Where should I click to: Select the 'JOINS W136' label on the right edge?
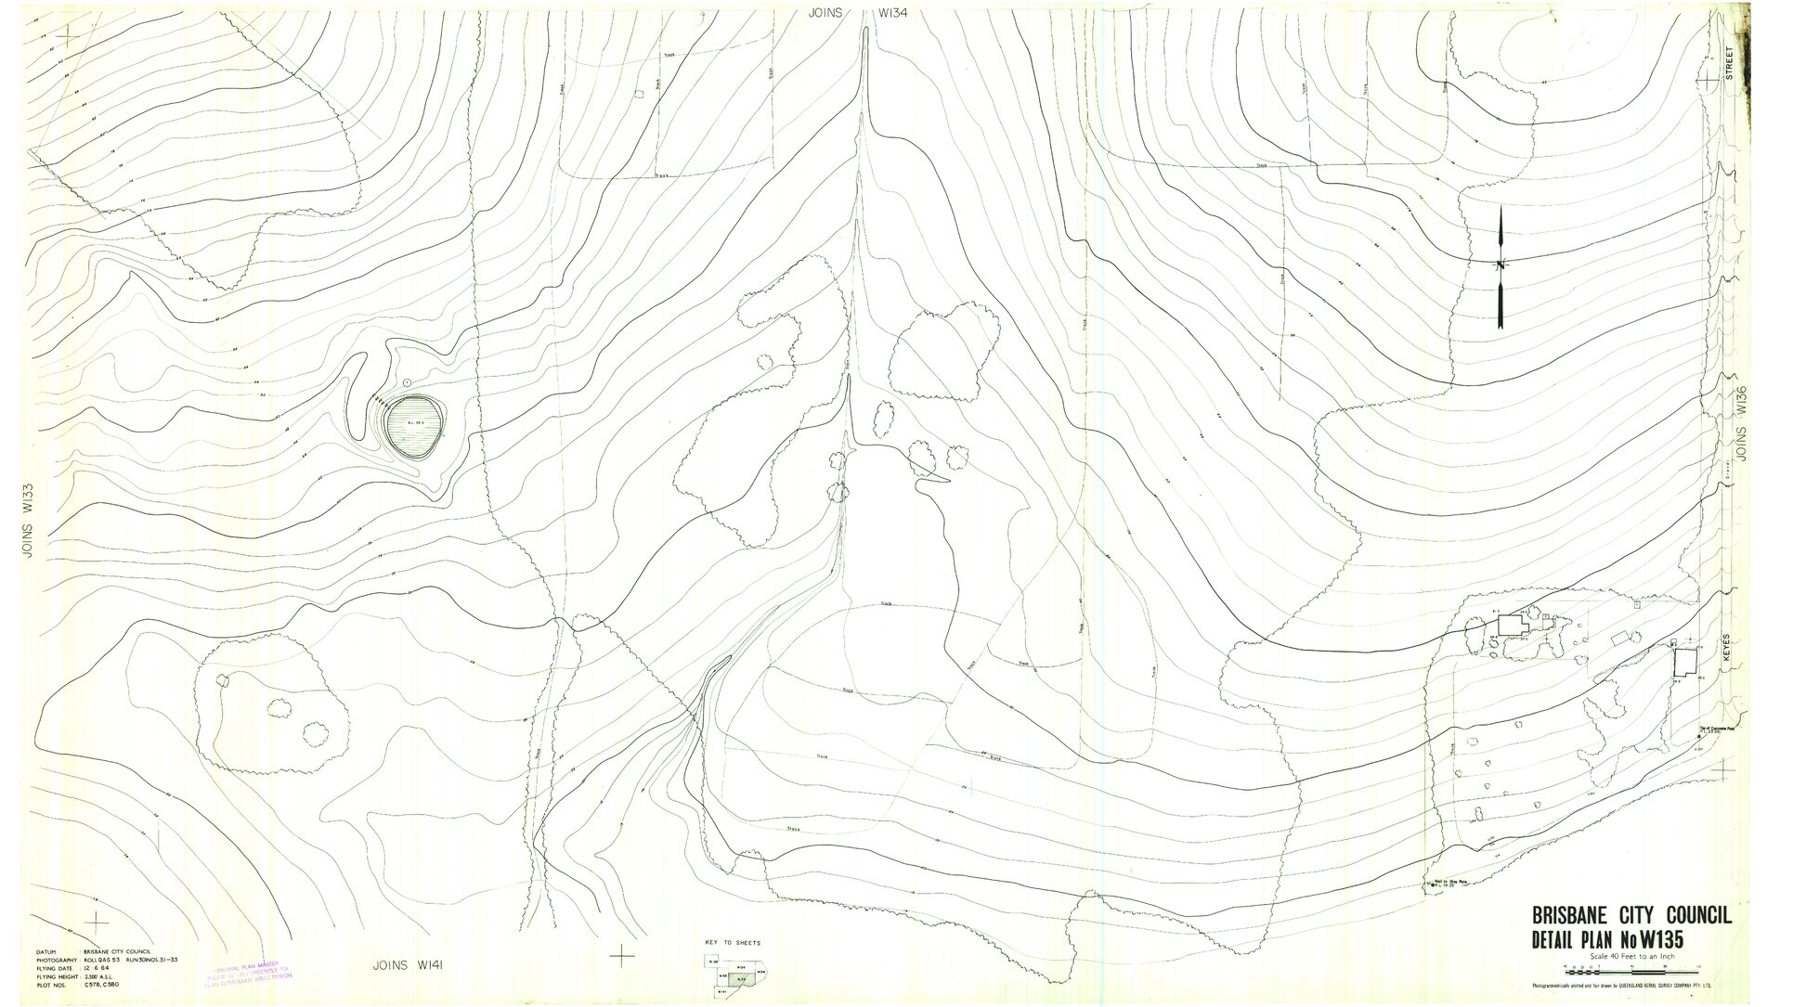coord(1743,425)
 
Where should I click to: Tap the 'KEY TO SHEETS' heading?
coord(733,942)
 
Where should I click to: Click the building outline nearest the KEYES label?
coord(1683,662)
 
